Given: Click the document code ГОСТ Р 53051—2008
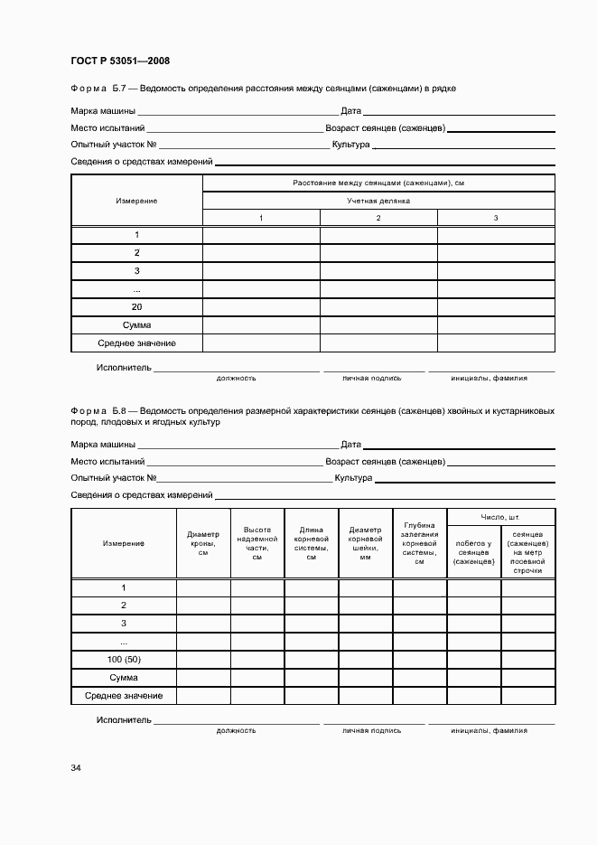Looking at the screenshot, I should coord(120,61).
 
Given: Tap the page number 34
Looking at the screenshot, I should coord(76,768).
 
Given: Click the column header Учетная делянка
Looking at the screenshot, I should coord(378,201).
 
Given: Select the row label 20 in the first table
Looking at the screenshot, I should coord(136,307).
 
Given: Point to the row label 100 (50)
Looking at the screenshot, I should coord(124,660).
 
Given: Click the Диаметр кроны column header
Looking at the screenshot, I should coord(203,543).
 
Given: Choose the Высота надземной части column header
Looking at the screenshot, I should coord(257,543).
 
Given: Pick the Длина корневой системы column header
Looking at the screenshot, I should coord(312,543).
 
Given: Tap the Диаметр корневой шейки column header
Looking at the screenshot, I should coord(366,543).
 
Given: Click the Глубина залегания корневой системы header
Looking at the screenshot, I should coord(420,543).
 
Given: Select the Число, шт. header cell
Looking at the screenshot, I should coord(500,517).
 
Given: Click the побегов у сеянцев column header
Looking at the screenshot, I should coord(474,552).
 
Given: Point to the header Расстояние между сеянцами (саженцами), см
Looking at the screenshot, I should coord(378,183).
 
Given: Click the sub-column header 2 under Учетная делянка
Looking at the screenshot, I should coord(378,219).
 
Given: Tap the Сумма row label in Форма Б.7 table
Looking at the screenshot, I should coord(136,325).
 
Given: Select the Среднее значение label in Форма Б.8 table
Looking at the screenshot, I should coord(124,696).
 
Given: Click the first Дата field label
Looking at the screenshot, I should coord(351,112).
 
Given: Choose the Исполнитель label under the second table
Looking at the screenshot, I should coord(124,721).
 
